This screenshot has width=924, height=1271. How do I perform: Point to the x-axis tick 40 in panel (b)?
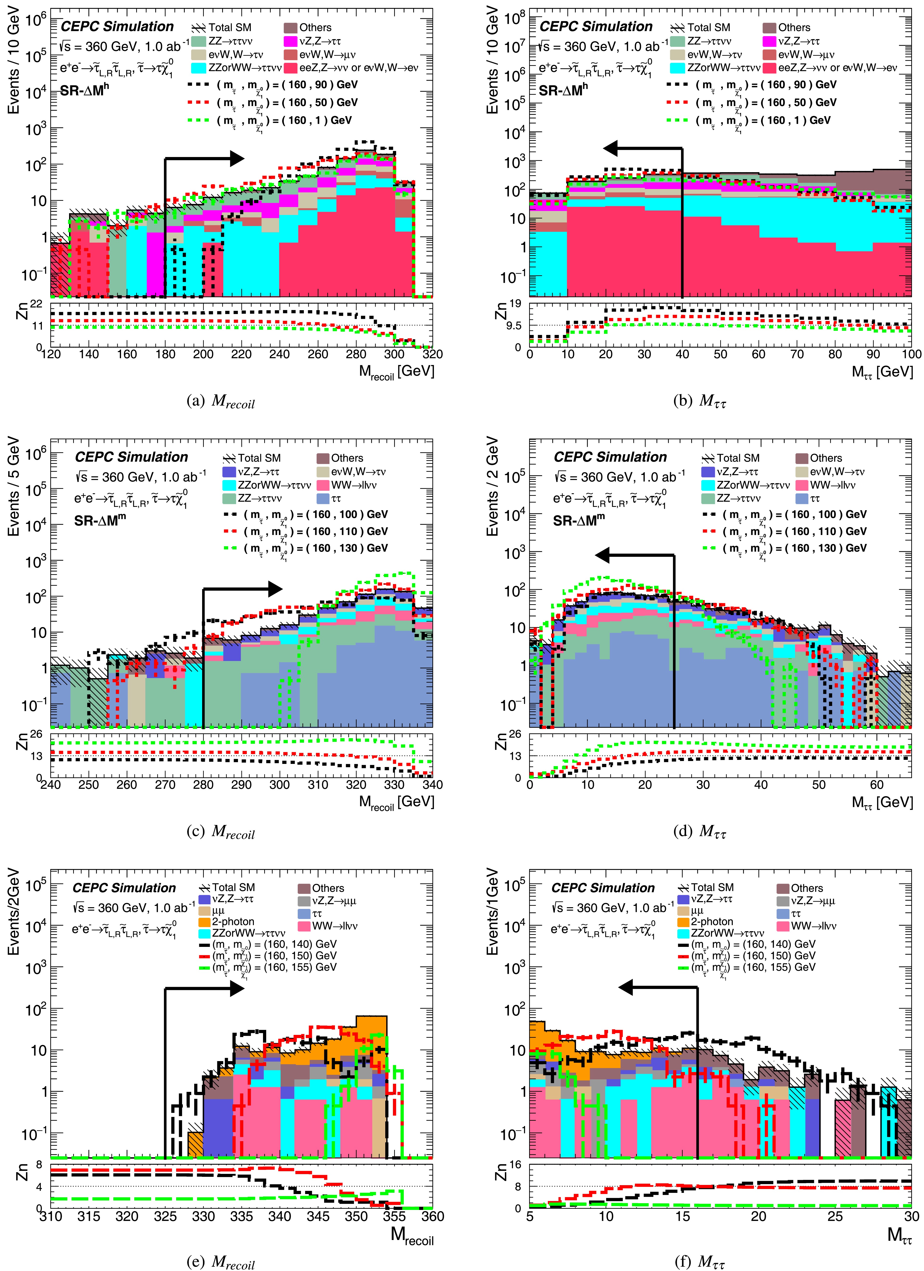coord(682,354)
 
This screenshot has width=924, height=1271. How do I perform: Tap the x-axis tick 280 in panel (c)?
coord(203,785)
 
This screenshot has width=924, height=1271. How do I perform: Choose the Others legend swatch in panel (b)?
coord(769,27)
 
